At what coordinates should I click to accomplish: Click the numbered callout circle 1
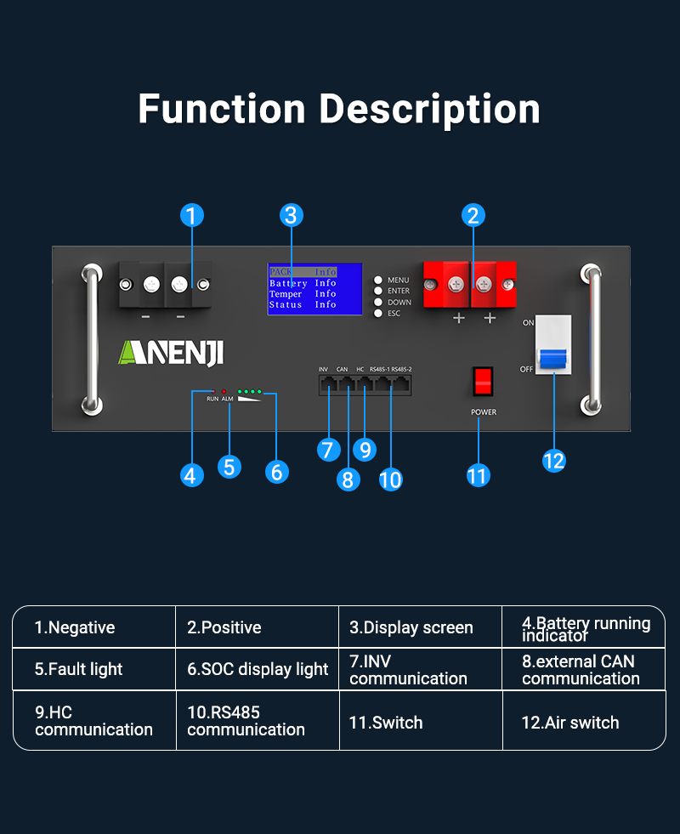193,215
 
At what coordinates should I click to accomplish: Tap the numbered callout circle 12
553,460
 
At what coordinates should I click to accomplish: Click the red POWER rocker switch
483,382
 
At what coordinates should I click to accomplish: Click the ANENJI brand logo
170,352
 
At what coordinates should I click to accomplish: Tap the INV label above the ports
323,369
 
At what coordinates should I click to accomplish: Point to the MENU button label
399,280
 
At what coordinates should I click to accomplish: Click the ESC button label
394,314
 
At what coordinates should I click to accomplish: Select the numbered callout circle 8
347,479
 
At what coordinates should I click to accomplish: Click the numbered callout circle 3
292,215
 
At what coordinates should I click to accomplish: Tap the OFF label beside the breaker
527,369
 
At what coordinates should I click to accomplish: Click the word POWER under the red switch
484,412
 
